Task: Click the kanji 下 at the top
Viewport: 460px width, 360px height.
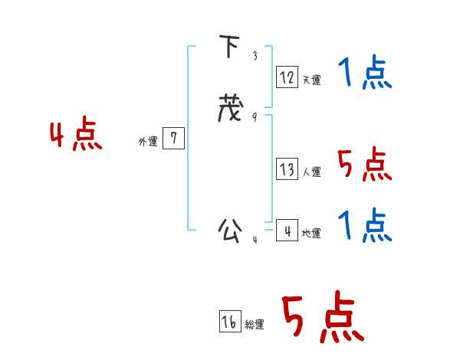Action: coord(229,46)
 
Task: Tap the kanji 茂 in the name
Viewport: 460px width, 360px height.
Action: coord(231,108)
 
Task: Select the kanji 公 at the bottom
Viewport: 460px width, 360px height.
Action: coord(230,231)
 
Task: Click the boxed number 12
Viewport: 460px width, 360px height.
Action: coord(287,77)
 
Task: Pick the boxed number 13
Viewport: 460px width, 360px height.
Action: coord(287,169)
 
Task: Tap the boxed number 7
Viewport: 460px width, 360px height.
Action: coord(173,138)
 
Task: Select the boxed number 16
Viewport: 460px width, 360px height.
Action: coord(230,321)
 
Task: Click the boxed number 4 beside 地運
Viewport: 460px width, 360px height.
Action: coord(287,230)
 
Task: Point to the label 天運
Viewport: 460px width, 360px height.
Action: coord(311,80)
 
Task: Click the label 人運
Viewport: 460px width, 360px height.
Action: coord(311,172)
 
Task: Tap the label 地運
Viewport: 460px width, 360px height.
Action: coord(311,233)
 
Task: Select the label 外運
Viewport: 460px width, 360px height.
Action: coord(148,142)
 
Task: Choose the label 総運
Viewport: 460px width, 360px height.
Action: coord(255,324)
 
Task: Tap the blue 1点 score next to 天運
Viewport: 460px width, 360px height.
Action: coord(365,72)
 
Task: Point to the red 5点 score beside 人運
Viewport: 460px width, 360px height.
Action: coord(365,164)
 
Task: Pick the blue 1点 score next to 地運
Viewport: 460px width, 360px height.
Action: coord(365,225)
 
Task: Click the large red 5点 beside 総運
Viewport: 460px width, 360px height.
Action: coord(324,316)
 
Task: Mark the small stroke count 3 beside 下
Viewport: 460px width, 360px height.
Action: coord(255,55)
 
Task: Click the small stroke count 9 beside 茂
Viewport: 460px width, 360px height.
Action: coord(255,117)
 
